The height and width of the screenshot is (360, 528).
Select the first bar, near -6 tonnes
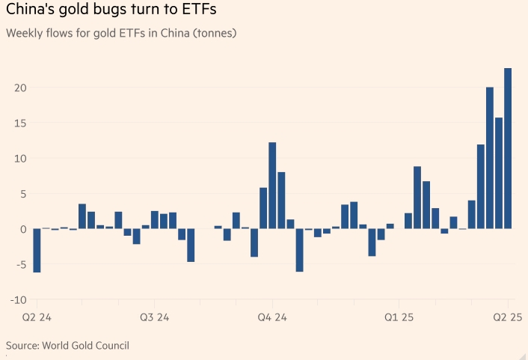[37, 250]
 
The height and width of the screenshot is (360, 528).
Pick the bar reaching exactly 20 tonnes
[490, 157]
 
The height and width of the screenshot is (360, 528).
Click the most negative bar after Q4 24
[299, 250]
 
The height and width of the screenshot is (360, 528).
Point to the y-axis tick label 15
[20, 123]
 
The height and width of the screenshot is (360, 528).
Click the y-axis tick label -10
[19, 300]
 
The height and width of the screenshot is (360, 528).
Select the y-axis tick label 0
[24, 229]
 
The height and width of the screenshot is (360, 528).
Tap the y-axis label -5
[21, 264]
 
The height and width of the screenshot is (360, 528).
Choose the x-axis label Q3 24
[155, 317]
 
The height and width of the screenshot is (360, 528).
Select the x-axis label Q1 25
[400, 317]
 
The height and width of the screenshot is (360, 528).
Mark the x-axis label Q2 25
[506, 317]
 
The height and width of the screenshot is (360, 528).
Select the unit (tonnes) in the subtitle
[214, 34]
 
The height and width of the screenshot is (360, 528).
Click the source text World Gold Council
[85, 345]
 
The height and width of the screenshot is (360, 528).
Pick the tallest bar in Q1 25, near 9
[417, 198]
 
